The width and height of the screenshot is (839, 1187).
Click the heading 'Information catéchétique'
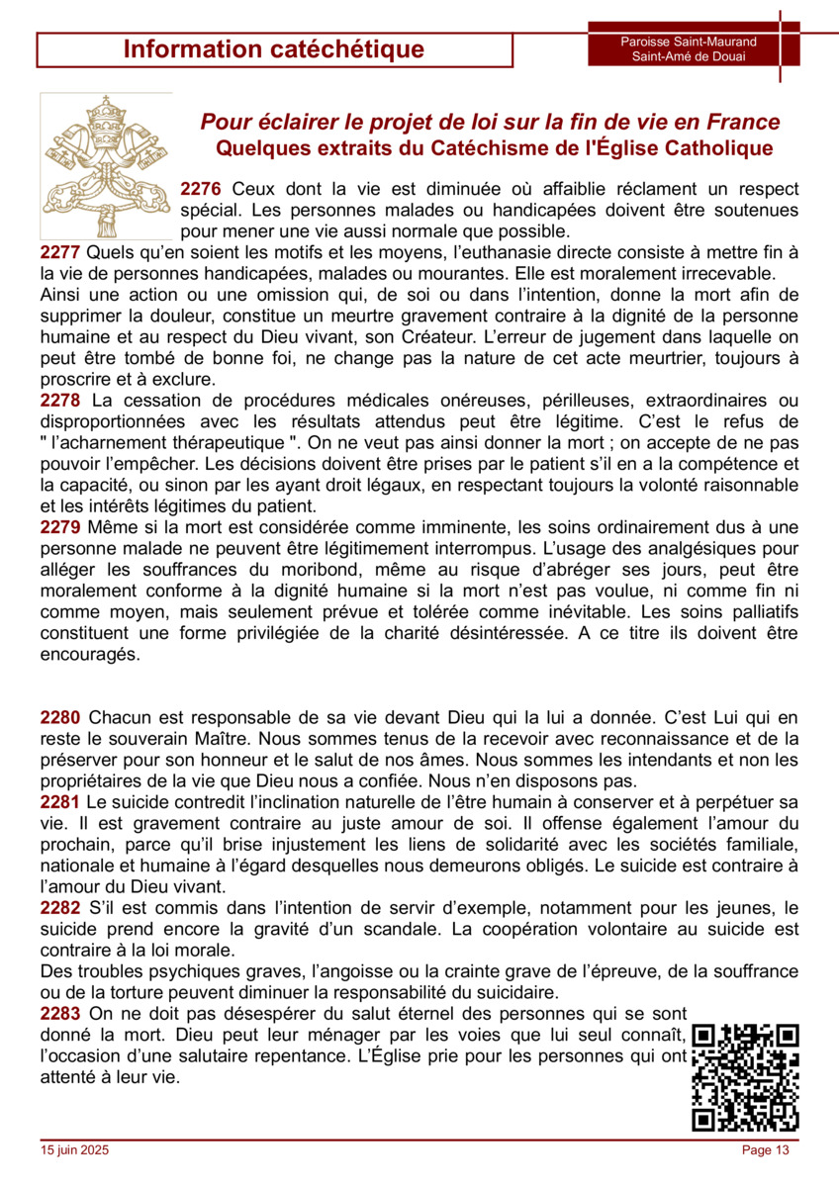pyautogui.click(x=274, y=49)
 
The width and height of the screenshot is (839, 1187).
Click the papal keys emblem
pyautogui.click(x=106, y=166)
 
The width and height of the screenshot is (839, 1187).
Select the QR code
pyautogui.click(x=746, y=1077)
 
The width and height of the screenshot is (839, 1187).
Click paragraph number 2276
pyautogui.click(x=201, y=189)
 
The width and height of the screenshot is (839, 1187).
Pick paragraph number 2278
pyautogui.click(x=60, y=400)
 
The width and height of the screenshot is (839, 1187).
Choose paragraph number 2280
pyautogui.click(x=60, y=717)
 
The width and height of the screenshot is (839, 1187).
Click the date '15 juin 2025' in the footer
pyautogui.click(x=75, y=1149)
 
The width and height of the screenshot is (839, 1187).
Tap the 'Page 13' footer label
pyautogui.click(x=766, y=1149)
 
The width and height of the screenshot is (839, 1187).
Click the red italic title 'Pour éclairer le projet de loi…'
pyautogui.click(x=490, y=122)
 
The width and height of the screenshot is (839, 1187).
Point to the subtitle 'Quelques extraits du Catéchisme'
pyautogui.click(x=494, y=148)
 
